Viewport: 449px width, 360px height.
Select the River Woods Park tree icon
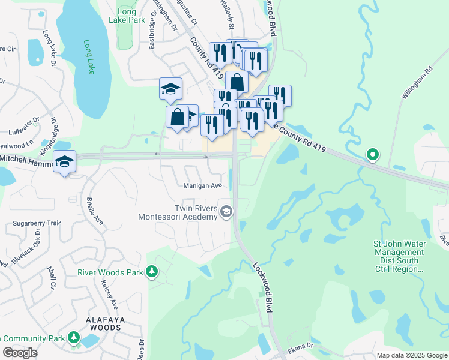tap(152, 272)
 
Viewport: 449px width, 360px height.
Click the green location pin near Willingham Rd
tap(372, 154)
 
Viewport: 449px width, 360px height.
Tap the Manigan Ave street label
tap(203, 185)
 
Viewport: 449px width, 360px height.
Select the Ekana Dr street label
tap(301, 346)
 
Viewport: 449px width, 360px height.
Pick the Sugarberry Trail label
tap(37, 223)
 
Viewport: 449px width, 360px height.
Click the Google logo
tap(20, 353)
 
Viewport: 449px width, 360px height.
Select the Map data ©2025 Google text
tap(412, 355)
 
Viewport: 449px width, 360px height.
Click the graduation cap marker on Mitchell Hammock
tap(65, 161)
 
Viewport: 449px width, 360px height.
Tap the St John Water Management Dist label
tap(400, 257)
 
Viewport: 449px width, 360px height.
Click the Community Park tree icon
tap(74, 338)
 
